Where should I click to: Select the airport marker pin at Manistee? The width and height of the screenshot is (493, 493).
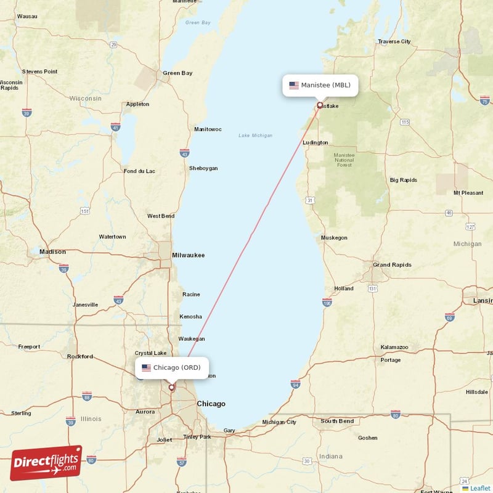tap(319, 105)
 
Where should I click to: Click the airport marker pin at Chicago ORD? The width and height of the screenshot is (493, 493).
tap(172, 388)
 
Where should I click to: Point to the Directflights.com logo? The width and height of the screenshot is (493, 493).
tap(46, 463)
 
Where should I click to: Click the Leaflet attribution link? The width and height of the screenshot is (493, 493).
tap(480, 488)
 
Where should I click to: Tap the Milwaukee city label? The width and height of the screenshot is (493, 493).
tap(189, 255)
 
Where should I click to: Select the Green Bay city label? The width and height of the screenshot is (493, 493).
tap(177, 73)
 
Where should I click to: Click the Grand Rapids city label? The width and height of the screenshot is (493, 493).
tap(392, 265)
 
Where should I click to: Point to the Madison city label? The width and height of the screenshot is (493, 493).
tap(52, 251)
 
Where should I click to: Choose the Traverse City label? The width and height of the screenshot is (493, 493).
tap(394, 42)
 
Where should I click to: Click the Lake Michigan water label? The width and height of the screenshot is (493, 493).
tap(255, 136)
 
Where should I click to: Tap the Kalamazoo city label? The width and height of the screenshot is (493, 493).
tap(394, 348)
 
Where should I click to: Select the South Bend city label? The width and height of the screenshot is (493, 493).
tap(337, 422)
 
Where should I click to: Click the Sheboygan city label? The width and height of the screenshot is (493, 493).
tap(203, 168)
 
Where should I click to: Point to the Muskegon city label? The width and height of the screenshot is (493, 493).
tap(334, 238)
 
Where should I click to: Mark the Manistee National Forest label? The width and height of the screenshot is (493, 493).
tap(343, 160)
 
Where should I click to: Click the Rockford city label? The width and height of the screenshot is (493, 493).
tap(79, 356)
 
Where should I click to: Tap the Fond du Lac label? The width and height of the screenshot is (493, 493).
tap(140, 171)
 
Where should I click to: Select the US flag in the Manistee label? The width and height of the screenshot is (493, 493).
tap(294, 85)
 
